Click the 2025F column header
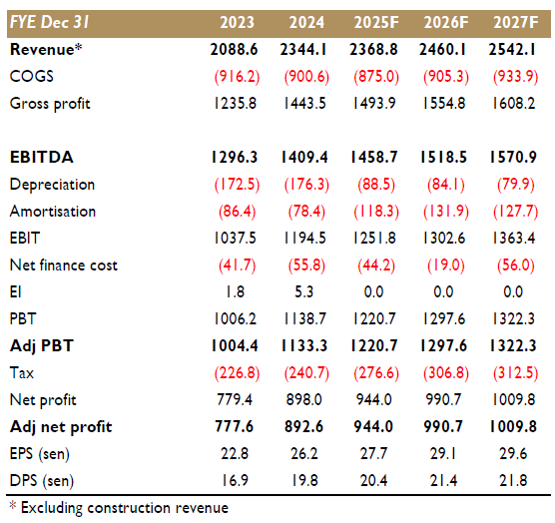tap(376, 22)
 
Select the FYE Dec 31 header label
tap(50, 22)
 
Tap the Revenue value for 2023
tap(234, 49)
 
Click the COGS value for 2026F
tap(445, 77)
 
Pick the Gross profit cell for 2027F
tap(514, 104)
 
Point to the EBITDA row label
tap(42, 157)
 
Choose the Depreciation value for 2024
tap(306, 185)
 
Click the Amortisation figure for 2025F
tap(376, 212)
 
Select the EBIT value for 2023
tap(235, 239)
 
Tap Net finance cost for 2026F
tap(445, 265)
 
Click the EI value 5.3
tap(304, 291)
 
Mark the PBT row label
tap(23, 318)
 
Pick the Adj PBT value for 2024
tap(304, 345)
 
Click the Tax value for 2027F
tap(515, 373)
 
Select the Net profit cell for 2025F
tap(373, 400)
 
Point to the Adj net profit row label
tap(61, 427)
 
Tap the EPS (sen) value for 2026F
tap(443, 454)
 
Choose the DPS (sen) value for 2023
tap(235, 480)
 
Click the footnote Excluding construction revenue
tap(125, 508)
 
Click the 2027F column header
tap(516, 22)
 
